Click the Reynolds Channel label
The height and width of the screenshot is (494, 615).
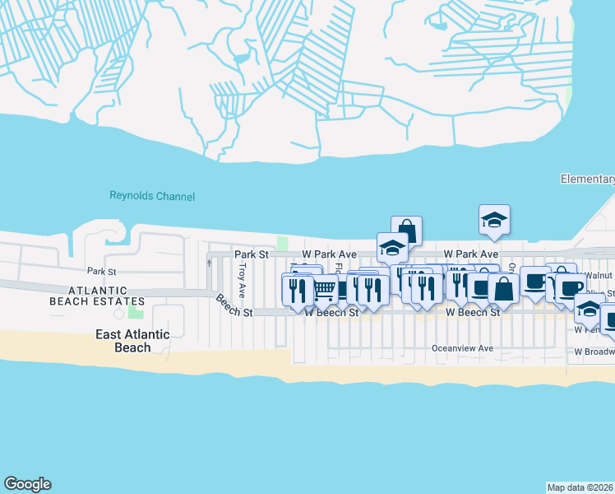click(152, 196)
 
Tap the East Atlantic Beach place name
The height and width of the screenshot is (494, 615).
click(132, 341)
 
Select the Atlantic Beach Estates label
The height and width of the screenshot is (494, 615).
click(99, 296)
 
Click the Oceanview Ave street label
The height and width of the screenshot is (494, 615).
click(463, 348)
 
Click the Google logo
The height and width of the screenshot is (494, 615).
click(27, 484)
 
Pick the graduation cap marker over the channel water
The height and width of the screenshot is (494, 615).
click(494, 220)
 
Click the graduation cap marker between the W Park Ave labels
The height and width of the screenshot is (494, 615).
click(393, 247)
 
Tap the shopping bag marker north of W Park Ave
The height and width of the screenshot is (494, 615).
click(406, 231)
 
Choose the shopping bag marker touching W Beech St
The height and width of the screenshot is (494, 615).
click(504, 289)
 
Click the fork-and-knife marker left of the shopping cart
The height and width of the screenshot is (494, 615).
click(297, 289)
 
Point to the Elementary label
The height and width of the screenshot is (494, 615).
click(587, 179)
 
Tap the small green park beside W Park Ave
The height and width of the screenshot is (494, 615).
click(283, 243)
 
